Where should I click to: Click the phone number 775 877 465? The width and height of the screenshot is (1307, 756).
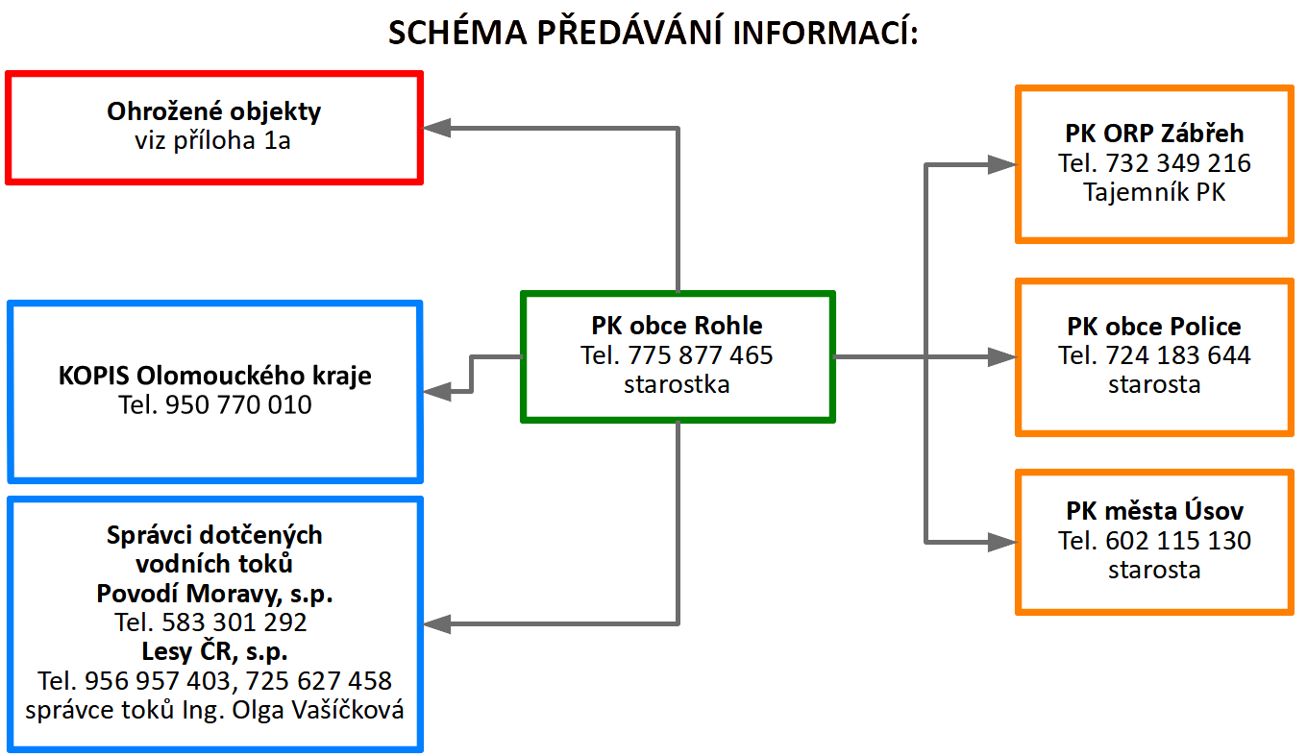coord(701,355)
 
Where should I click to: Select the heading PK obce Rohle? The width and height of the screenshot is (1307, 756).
coord(677,326)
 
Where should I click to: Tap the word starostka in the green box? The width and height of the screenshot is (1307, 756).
coord(677,385)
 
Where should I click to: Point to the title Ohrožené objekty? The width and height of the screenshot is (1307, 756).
coord(213,112)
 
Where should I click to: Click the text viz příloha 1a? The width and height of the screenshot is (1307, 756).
coord(212,141)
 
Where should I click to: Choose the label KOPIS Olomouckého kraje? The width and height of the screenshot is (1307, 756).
coord(214,377)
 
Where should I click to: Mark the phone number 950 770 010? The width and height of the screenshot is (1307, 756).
coord(238,404)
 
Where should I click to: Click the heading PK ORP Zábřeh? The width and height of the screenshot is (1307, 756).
coord(1154,134)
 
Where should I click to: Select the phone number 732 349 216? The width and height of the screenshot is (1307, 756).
coord(1178,163)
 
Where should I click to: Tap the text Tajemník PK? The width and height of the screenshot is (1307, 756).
coord(1154,192)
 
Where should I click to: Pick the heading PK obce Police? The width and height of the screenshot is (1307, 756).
coord(1154,327)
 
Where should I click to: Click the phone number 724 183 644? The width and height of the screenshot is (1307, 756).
coord(1178,355)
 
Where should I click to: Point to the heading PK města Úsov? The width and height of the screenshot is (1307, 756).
coord(1154,511)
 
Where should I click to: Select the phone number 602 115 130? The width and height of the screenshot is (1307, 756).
coord(1178,541)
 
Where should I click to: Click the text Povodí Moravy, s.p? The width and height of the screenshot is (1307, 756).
coord(214,594)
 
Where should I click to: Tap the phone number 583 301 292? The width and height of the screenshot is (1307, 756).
coord(234,622)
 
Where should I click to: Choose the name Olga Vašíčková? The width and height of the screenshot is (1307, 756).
coord(318,711)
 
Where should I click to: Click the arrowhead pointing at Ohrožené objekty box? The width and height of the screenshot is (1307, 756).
coord(436,128)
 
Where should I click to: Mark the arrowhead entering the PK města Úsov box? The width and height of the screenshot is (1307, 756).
coord(1001,542)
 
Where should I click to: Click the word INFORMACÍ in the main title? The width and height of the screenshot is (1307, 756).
coord(826,33)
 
